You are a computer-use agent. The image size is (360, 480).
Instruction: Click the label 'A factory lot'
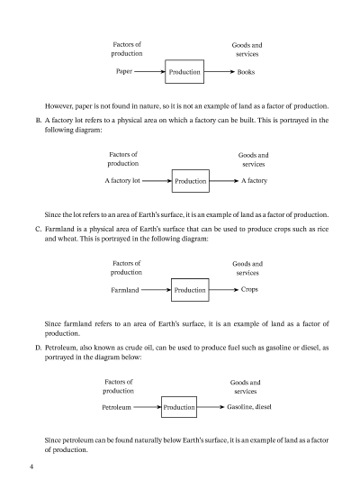[x=124, y=181]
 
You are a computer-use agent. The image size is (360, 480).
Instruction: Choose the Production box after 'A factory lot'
[x=191, y=181]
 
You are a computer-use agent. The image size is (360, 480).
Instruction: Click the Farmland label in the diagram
[x=125, y=290]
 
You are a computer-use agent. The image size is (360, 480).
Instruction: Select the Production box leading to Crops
[x=190, y=290]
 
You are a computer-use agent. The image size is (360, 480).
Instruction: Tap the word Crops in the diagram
[x=250, y=290]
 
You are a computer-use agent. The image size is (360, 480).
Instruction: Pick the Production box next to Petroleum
[x=180, y=408]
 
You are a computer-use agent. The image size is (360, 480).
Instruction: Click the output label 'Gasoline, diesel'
[x=249, y=408]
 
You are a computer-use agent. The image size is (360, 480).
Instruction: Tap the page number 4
[x=31, y=466]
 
